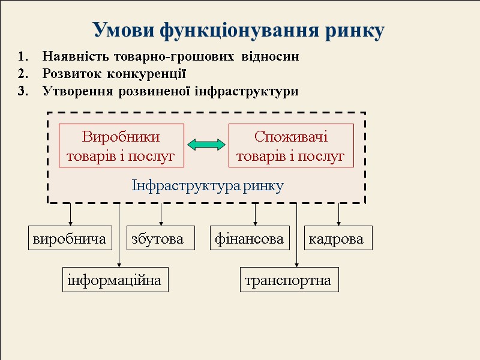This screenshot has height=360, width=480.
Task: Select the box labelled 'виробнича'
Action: pyautogui.click(x=71, y=238)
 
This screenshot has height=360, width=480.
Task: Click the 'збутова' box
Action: pyautogui.click(x=160, y=238)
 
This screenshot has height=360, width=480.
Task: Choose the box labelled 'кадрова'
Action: pyautogui.click(x=338, y=238)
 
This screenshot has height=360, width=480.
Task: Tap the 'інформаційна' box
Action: pyautogui.click(x=115, y=280)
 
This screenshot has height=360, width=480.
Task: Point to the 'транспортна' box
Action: pyautogui.click(x=289, y=280)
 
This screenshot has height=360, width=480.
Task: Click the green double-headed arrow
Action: pyautogui.click(x=206, y=145)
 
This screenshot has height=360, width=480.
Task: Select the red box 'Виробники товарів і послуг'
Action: pyautogui.click(x=121, y=146)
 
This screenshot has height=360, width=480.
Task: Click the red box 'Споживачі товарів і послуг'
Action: pyautogui.click(x=291, y=146)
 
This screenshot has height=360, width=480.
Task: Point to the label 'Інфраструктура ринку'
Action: pyautogui.click(x=207, y=185)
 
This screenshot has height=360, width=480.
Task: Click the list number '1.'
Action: pyautogui.click(x=23, y=57)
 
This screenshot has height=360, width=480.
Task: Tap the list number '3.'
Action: pyautogui.click(x=23, y=92)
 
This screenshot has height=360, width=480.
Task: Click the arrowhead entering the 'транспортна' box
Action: pyautogui.click(x=297, y=265)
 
